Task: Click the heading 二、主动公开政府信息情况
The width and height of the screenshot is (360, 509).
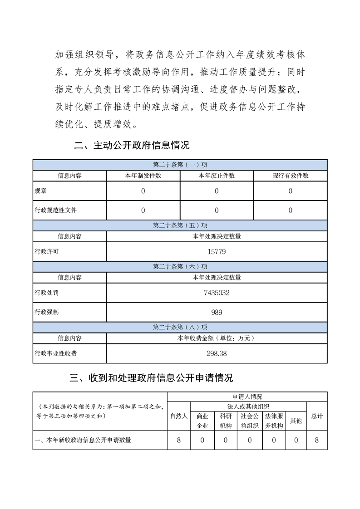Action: tap(132, 146)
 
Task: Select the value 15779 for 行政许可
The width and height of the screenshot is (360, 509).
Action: tap(217, 251)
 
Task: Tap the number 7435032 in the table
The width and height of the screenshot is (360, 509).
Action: tap(217, 293)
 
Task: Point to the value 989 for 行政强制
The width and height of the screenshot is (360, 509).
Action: tap(217, 312)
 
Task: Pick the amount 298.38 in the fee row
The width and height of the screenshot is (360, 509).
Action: tap(217, 353)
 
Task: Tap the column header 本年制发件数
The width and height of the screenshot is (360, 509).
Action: tap(143, 176)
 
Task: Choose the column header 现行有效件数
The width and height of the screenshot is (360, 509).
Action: tap(290, 176)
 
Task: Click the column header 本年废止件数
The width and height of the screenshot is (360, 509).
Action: tap(217, 176)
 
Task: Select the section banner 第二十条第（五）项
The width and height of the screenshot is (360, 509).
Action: tap(180, 225)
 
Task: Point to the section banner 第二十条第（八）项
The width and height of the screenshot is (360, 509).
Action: tap(180, 327)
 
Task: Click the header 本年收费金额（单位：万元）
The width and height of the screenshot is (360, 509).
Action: tap(217, 338)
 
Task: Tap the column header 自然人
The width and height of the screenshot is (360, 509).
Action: tap(179, 416)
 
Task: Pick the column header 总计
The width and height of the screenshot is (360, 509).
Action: tap(317, 416)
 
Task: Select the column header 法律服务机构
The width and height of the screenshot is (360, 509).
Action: tap(274, 421)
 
